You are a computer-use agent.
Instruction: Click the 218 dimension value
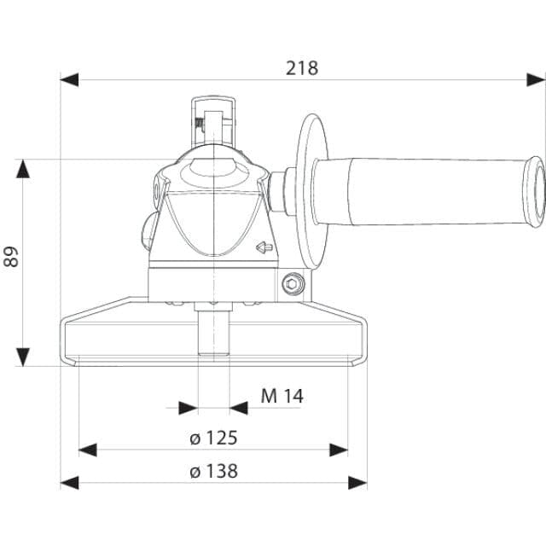(x=302, y=68)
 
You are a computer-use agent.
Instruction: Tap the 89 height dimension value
(x=11, y=257)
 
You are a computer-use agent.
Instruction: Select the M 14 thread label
(x=282, y=396)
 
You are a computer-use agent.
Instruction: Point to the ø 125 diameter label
(x=214, y=438)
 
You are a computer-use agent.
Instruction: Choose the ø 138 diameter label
(x=214, y=471)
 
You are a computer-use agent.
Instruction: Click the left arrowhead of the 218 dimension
(x=69, y=79)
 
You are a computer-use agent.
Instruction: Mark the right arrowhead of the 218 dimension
(x=536, y=79)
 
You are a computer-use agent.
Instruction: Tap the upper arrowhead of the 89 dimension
(x=23, y=169)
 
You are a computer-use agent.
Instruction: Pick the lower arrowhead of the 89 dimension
(x=23, y=357)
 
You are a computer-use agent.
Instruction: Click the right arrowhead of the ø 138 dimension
(x=357, y=483)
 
